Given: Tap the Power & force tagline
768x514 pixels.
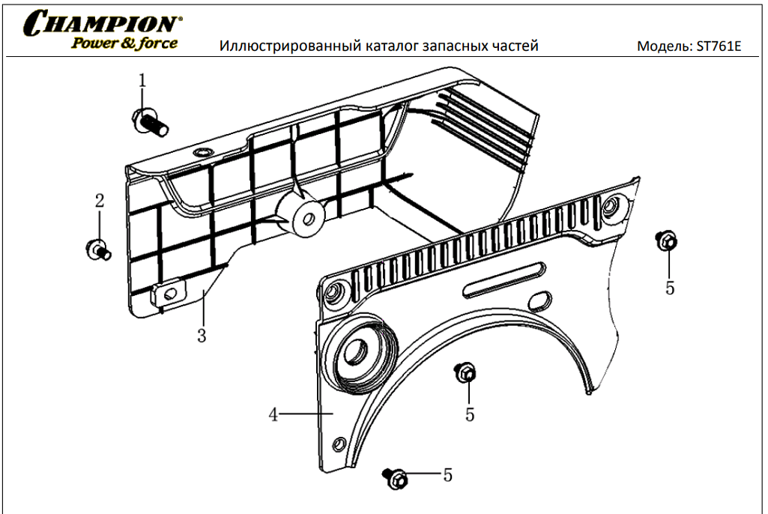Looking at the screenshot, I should click(124, 43).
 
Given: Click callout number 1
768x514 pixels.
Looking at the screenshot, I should click(142, 80).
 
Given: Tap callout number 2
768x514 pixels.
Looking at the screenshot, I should click(99, 201).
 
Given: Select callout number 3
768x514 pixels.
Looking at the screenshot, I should click(201, 335).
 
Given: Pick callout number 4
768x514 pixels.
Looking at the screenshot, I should click(274, 414).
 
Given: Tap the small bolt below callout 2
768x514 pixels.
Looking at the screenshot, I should click(98, 249).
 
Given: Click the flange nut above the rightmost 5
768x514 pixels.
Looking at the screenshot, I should click(666, 241).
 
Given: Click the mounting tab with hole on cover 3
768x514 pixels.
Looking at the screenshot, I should click(171, 292).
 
